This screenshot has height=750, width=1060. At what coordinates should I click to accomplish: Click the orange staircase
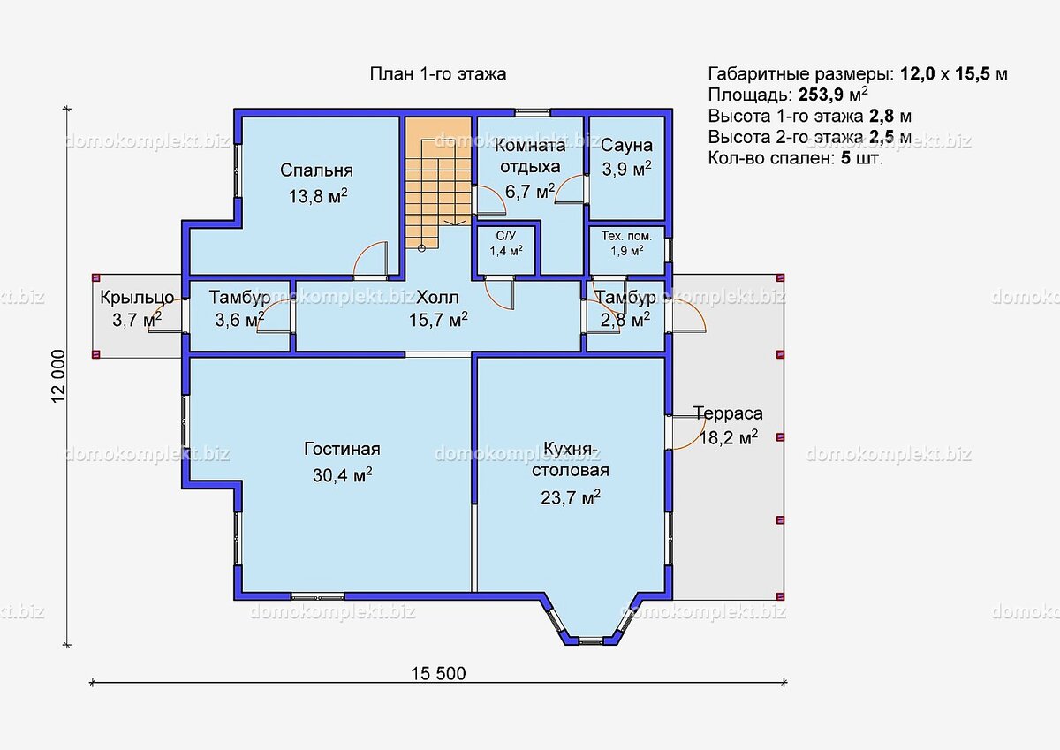(x=438, y=182)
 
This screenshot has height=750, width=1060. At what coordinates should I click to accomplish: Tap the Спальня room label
(x=316, y=170)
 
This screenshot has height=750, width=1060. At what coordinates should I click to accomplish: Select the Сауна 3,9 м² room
(x=626, y=168)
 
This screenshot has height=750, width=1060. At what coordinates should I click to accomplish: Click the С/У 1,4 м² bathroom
(x=506, y=250)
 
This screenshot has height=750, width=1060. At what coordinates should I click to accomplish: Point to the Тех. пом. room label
(x=626, y=236)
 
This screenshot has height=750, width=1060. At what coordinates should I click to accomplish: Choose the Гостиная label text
(x=342, y=449)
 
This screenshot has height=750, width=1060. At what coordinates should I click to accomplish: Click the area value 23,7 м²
(x=571, y=497)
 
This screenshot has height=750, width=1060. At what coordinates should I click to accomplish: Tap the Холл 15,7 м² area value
(x=438, y=321)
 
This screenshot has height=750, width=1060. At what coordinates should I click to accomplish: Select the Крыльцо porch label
(x=137, y=298)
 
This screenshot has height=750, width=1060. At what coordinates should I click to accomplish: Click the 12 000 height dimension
(x=58, y=376)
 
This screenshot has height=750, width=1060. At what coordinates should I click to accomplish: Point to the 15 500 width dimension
(x=438, y=673)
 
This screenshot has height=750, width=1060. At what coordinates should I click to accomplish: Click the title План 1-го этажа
(x=438, y=74)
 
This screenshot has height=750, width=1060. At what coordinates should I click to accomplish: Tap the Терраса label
(x=728, y=413)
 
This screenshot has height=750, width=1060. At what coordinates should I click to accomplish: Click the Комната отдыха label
(x=530, y=155)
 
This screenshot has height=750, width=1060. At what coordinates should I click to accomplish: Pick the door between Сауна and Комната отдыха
(x=572, y=189)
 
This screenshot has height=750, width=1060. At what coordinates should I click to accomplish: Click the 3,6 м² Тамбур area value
(x=239, y=321)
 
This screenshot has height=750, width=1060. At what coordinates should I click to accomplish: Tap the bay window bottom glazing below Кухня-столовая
(x=591, y=640)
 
